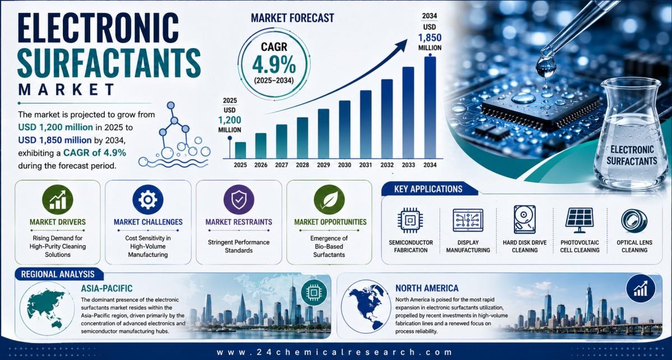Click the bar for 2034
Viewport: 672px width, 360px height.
[430, 107]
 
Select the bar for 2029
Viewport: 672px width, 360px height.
[323, 133]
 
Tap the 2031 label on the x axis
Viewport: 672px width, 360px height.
[365, 165]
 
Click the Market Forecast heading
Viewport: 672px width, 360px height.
[293, 18]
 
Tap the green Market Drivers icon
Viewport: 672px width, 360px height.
[57, 200]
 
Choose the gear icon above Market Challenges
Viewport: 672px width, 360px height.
[148, 200]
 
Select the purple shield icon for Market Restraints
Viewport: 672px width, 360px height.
[239, 200]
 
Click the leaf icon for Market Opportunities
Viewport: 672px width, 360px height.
[329, 200]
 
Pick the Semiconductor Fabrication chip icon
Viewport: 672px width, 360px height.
[411, 220]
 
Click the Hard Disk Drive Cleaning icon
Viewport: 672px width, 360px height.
[525, 219]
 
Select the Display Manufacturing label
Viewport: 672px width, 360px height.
[468, 246]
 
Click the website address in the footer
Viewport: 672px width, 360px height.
[335, 352]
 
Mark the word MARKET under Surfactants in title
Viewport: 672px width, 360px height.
[67, 89]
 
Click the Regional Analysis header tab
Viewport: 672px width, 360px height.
[57, 274]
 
